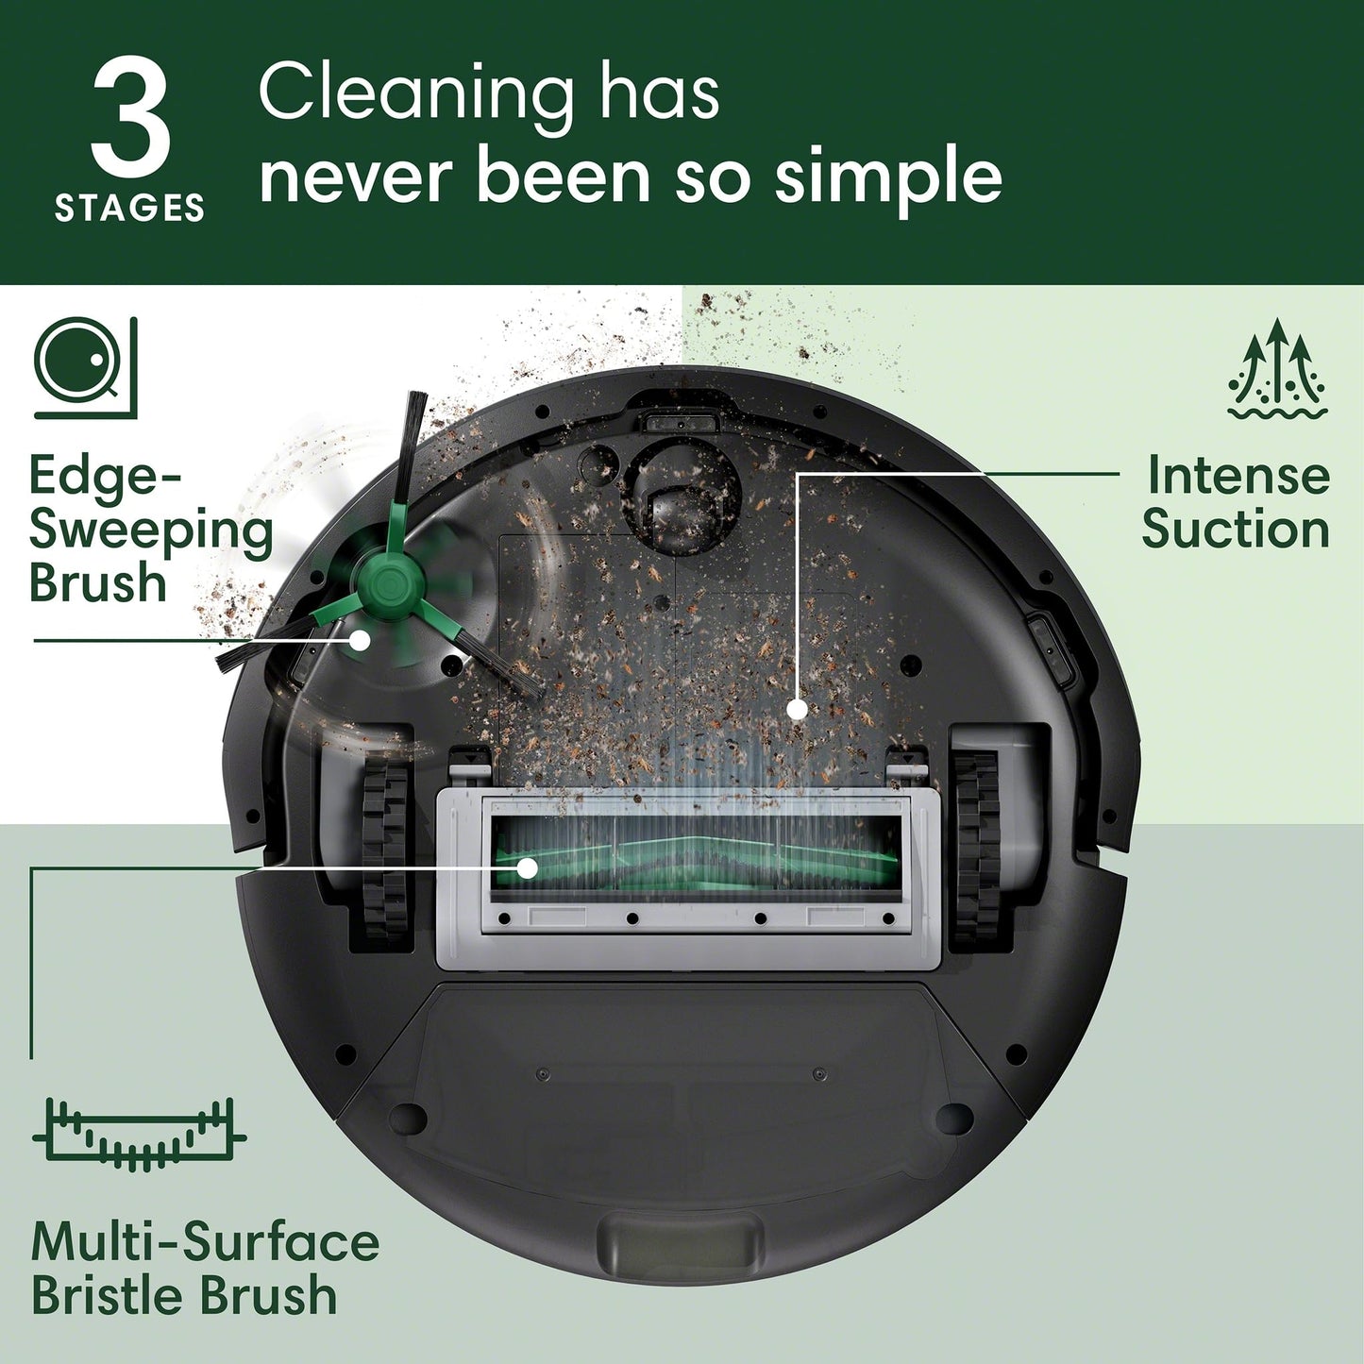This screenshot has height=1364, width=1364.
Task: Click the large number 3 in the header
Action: coord(130,119)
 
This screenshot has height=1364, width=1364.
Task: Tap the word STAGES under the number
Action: coord(129,208)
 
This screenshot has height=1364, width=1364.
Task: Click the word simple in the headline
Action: coord(888,177)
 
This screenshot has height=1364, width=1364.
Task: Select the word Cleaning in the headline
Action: coord(415,94)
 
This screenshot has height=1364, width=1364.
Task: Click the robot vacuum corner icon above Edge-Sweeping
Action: coord(85,367)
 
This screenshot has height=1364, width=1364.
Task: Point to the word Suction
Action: coord(1236,529)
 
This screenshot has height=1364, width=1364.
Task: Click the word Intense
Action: coord(1238,475)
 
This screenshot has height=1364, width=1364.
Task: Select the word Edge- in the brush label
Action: coord(104,476)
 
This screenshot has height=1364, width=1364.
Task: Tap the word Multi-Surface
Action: coord(205,1241)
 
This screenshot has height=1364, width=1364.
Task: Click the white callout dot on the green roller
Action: coord(526,867)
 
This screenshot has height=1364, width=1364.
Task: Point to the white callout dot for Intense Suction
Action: coord(798,709)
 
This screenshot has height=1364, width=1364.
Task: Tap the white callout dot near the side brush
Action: coord(360,639)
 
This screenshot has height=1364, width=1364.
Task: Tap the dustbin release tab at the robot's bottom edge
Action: coord(680,1245)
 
